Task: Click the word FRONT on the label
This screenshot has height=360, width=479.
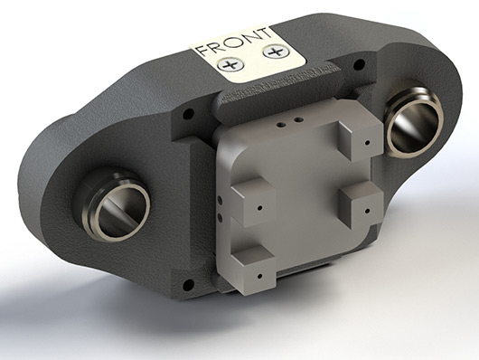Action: coord(234,42)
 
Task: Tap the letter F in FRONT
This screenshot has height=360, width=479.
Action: coord(202,51)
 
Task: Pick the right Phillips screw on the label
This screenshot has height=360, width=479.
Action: coord(277,52)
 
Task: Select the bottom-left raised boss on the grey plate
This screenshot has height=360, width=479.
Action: coord(254,270)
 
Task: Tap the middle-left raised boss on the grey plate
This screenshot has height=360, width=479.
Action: coord(254,202)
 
